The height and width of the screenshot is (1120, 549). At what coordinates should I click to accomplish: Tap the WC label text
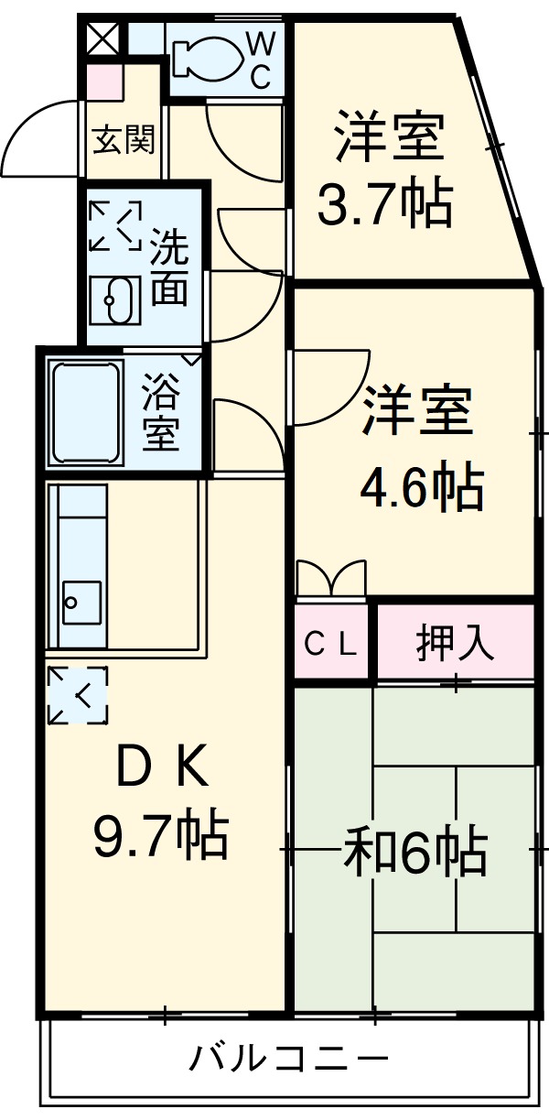(261, 60)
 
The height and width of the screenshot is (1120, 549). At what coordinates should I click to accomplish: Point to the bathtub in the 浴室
(87, 411)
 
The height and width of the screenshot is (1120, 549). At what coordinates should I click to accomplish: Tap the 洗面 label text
(169, 266)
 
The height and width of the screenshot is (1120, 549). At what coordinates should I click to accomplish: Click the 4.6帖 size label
(421, 488)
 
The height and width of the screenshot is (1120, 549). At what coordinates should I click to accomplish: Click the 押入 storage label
(455, 643)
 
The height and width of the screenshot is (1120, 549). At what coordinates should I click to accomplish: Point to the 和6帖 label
(414, 852)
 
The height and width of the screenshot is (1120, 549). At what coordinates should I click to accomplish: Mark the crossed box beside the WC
(102, 38)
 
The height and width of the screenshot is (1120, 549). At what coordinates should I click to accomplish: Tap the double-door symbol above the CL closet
(330, 579)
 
